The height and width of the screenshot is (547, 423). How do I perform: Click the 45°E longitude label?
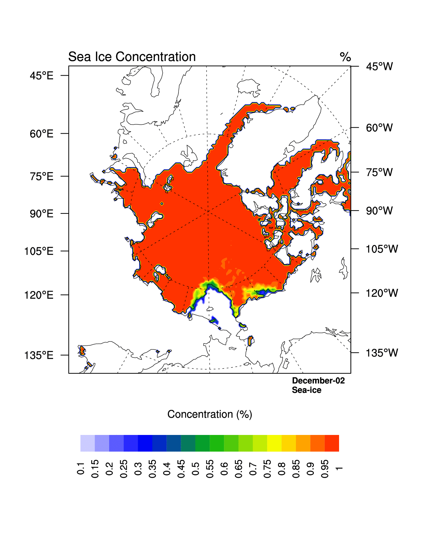coord(41,76)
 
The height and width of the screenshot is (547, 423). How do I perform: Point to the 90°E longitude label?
coord(41,214)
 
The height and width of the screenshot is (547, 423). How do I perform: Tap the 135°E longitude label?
coord(39,355)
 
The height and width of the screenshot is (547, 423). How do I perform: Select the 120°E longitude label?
coord(39,295)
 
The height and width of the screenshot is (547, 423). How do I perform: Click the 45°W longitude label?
coord(379,67)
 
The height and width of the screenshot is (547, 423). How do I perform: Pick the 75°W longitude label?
coord(379,172)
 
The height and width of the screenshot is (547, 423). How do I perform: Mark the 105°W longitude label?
coord(382,249)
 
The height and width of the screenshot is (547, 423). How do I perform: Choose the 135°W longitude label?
coord(382,353)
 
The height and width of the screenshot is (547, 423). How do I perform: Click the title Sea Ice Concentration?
coord(132,57)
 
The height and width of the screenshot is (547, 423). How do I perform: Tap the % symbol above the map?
coord(345,57)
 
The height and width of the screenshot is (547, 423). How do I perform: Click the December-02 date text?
coord(318,381)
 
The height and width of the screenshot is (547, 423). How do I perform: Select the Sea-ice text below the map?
coord(307,390)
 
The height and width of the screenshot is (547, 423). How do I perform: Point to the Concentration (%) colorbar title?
coord(210,414)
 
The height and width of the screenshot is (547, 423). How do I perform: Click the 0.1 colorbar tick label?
coord(81,468)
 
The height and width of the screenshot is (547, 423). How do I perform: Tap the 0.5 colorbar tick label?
coord(195,468)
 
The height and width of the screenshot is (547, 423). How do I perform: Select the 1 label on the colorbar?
coord(339,468)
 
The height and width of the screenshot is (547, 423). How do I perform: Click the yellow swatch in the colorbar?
coord(274,443)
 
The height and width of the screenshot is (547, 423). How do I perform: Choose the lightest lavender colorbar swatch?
coord(88,443)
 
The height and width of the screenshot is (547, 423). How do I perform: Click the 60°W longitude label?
coord(379,128)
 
